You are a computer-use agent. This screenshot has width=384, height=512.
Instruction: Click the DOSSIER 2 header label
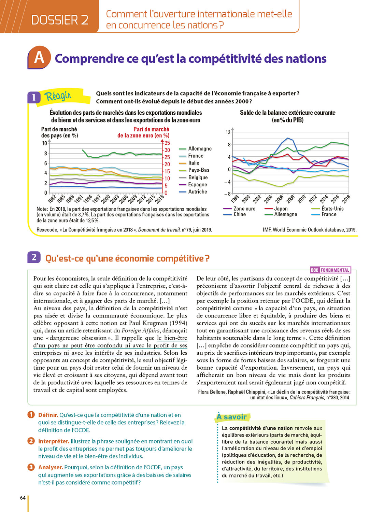[x=60, y=20]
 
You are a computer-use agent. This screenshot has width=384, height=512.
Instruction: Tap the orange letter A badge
[x=39, y=57]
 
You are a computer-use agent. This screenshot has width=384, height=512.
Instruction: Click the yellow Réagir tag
[x=58, y=96]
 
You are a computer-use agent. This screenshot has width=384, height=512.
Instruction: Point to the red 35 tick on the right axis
[x=167, y=143]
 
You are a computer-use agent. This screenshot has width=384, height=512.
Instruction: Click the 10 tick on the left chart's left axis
[x=44, y=143]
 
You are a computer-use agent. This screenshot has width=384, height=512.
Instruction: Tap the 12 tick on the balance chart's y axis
[x=228, y=132]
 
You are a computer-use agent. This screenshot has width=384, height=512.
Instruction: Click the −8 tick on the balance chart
[x=227, y=194]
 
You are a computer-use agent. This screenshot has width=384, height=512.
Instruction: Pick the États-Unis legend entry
[x=332, y=209]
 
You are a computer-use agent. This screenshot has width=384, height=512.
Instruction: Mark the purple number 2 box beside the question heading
[x=34, y=257]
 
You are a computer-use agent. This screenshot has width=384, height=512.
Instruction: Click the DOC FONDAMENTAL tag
[x=330, y=270]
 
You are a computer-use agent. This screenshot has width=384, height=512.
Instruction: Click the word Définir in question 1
[x=48, y=415]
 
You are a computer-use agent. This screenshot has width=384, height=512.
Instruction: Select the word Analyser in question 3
[x=51, y=467]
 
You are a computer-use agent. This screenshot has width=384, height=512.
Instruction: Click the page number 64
[x=23, y=498]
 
